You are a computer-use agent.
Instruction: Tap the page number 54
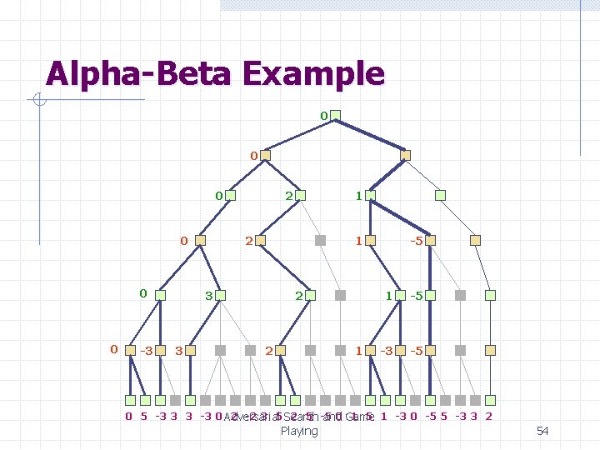pos(542,431)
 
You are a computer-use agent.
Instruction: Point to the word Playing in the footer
pos(299,431)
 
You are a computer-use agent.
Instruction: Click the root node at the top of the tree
pos(337,115)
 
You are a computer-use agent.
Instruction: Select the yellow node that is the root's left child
pos(266,155)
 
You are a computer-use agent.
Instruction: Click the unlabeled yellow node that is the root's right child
pos(406,155)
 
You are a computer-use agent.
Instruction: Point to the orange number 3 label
pos(178,351)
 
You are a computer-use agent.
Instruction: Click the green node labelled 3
pos(224,295)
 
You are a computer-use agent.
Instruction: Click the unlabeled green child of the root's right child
pos(441,196)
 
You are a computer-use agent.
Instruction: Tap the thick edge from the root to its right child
pos(372,135)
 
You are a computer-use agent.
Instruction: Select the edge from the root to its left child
pos(301,135)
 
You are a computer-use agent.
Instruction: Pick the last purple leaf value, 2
pos(488,416)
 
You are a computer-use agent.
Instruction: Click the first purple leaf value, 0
pos(128,416)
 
